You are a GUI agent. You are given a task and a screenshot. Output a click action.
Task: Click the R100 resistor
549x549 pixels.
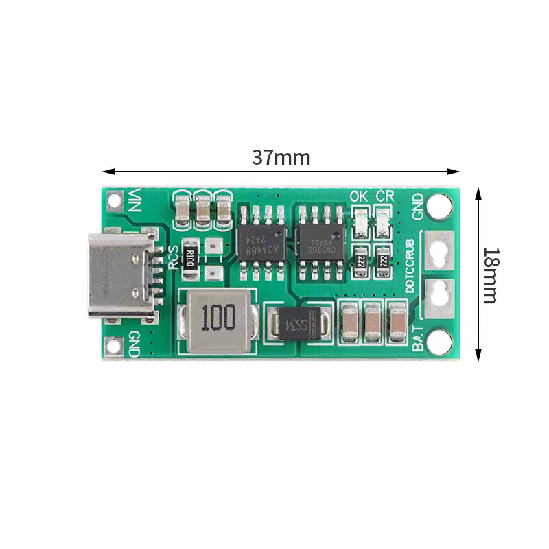[191, 260]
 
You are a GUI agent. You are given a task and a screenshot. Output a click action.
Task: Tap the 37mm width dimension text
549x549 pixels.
[281, 158]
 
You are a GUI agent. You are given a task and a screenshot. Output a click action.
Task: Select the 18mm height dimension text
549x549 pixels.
[490, 275]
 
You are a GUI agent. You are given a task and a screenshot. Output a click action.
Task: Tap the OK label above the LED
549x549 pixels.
[359, 196]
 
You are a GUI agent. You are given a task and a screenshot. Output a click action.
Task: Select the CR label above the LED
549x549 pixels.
[385, 196]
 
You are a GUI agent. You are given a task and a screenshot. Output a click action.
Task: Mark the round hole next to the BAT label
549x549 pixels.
[440, 341]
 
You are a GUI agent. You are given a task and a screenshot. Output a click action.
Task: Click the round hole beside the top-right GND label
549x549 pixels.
[440, 205]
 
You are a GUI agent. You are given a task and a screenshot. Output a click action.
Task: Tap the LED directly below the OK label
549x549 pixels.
[360, 222]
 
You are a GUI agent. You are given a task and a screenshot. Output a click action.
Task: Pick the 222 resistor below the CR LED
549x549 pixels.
[384, 260]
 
